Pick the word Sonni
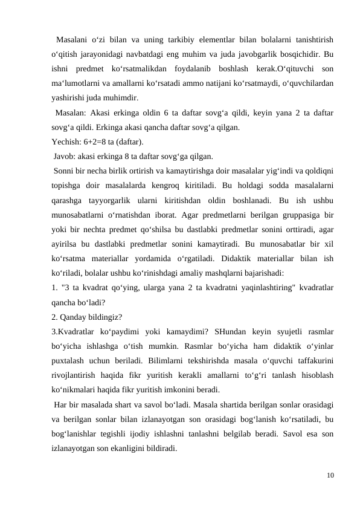(65, 170)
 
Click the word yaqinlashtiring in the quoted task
(240, 288)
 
